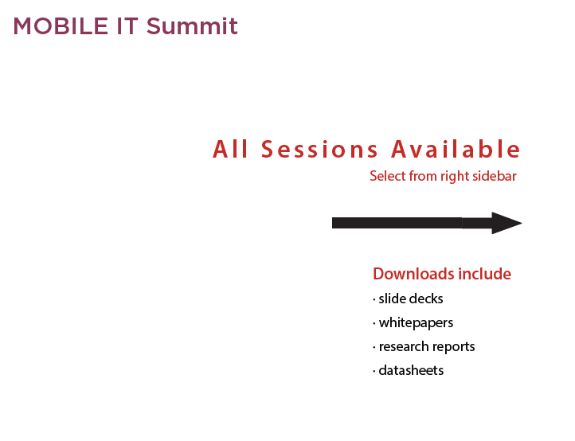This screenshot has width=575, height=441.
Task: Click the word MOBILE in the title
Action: coord(61,26)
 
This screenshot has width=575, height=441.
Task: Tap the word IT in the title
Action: coord(127,26)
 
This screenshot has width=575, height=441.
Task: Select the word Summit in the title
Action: coord(192,26)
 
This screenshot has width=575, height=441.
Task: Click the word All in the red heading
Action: coord(230,149)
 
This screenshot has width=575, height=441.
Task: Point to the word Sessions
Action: coord(319,149)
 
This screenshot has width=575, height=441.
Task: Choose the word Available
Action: coord(456,149)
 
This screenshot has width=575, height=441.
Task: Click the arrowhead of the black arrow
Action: coord(507,223)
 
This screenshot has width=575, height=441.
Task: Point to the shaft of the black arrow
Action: coord(412,223)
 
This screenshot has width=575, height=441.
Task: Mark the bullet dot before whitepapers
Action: coord(374,323)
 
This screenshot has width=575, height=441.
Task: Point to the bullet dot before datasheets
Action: coord(374,371)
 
